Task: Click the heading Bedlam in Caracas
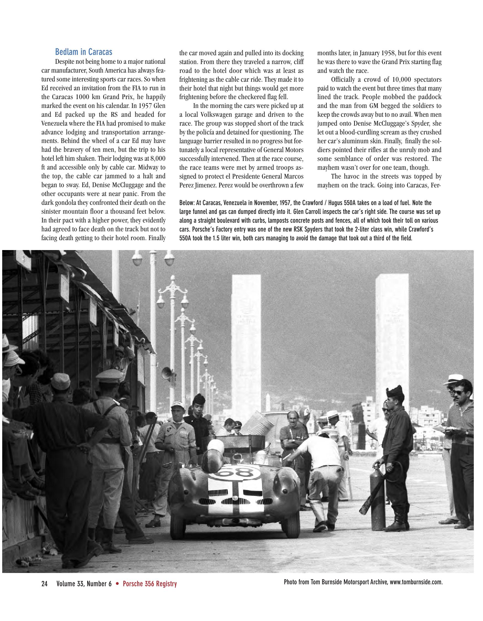[84, 52]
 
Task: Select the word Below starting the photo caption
[187, 203]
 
